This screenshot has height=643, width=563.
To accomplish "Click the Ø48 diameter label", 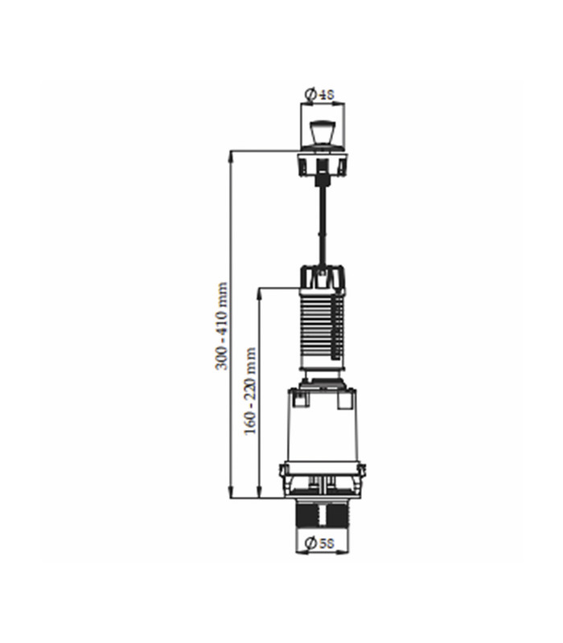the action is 320,95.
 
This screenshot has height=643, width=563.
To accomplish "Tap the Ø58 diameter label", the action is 320,543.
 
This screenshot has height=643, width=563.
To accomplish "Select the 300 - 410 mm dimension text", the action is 222,326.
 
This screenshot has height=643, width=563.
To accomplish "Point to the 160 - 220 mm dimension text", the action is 250,391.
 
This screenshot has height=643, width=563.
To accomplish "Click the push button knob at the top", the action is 323,132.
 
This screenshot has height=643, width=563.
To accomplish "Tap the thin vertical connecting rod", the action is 323,227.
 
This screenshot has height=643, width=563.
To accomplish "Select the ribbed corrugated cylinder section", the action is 323,328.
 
